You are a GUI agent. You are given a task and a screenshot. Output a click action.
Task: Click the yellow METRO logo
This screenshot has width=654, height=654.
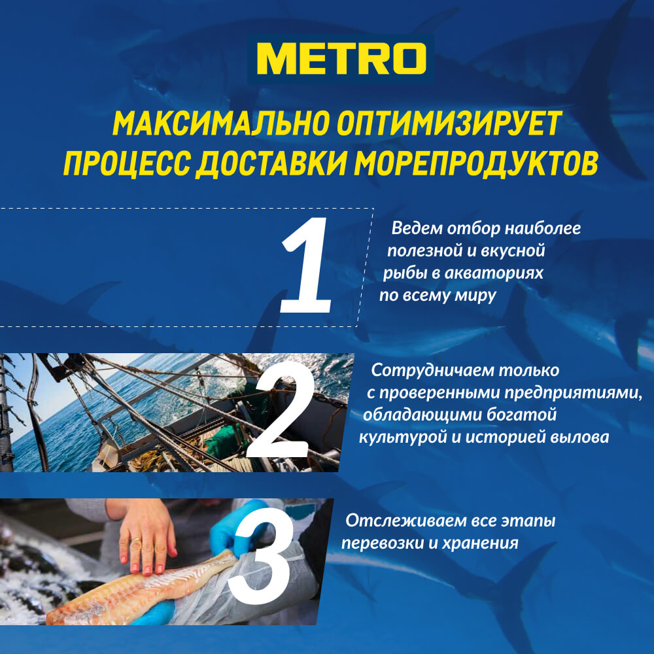(341, 58)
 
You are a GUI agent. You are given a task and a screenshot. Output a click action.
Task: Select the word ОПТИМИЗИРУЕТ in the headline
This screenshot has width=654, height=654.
(449, 124)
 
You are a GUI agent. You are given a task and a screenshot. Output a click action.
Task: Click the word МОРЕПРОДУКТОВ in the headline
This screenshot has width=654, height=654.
(476, 163)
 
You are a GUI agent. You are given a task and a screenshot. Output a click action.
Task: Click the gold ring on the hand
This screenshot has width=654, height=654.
(136, 541)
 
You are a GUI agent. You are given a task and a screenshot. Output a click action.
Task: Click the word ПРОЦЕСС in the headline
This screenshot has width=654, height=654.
(128, 163)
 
